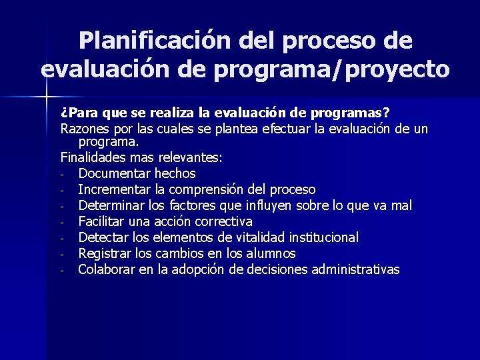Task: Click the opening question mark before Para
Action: [63, 111]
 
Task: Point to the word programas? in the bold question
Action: [357, 111]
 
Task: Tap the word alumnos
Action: [271, 253]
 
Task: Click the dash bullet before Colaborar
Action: [61, 271]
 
